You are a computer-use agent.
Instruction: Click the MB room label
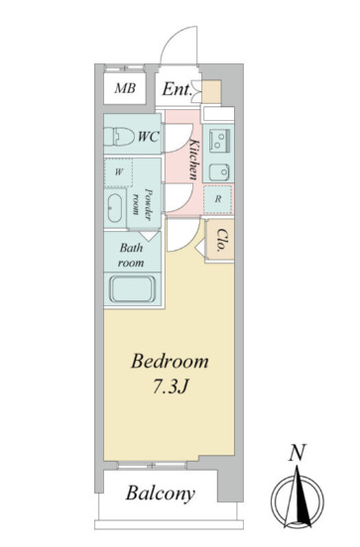(125, 88)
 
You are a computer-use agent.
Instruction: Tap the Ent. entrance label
(178, 89)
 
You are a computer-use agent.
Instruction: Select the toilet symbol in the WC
(119, 137)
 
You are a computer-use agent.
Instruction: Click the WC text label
(149, 137)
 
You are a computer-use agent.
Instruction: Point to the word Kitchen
(194, 160)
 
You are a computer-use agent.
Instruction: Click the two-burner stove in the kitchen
(219, 141)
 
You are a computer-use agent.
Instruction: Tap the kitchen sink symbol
(219, 172)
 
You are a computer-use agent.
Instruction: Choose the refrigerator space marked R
(218, 199)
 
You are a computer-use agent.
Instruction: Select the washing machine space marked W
(118, 172)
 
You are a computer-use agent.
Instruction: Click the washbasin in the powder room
(114, 208)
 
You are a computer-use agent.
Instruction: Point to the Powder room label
(143, 205)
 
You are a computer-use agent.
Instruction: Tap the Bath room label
(131, 256)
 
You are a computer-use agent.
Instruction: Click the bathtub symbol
(132, 289)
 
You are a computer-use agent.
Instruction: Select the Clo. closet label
(221, 241)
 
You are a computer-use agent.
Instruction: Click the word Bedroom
(170, 362)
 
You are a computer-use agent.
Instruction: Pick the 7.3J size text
(171, 385)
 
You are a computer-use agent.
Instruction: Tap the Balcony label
(161, 493)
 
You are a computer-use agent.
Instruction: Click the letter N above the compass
(298, 453)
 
